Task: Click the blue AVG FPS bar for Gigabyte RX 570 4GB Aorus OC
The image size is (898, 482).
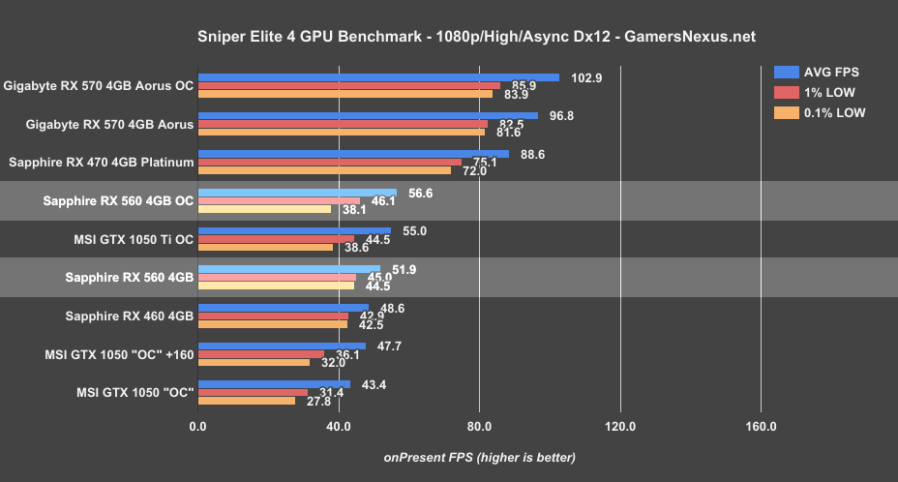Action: pyautogui.click(x=378, y=77)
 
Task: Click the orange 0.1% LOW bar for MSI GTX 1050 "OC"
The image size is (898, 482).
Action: pyautogui.click(x=247, y=400)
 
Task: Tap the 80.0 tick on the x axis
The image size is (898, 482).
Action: pyautogui.click(x=479, y=426)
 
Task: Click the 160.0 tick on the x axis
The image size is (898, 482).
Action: pyautogui.click(x=761, y=426)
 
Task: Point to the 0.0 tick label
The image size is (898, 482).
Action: pyautogui.click(x=198, y=426)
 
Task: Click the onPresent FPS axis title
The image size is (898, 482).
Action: pyautogui.click(x=479, y=457)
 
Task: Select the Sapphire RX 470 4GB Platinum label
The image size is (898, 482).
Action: pyautogui.click(x=101, y=163)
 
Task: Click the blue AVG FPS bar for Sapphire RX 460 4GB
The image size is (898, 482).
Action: pyautogui.click(x=284, y=308)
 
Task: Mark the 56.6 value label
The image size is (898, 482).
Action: pyautogui.click(x=422, y=193)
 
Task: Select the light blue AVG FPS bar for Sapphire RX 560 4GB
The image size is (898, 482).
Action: pyautogui.click(x=289, y=269)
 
